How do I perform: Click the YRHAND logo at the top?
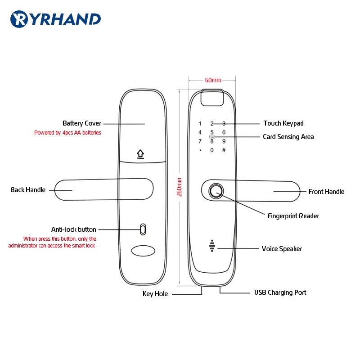(x=55, y=18)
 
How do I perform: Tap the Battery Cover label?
(x=82, y=123)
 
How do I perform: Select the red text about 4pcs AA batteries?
(x=67, y=133)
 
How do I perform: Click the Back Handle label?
(x=28, y=190)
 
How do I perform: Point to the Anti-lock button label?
(x=73, y=229)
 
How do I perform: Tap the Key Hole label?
(x=155, y=294)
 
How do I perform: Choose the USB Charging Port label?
(x=280, y=292)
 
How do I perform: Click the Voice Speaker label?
(x=282, y=248)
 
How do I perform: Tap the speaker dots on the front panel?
(x=212, y=246)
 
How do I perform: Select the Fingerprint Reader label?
(x=293, y=216)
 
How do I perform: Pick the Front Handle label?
(x=326, y=192)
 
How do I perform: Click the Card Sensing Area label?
(x=288, y=137)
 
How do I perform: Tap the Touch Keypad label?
(x=283, y=123)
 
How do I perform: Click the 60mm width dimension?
(x=213, y=80)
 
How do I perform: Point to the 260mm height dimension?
(x=179, y=187)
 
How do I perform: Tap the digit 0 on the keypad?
(x=212, y=150)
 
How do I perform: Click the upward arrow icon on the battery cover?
(x=141, y=154)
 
